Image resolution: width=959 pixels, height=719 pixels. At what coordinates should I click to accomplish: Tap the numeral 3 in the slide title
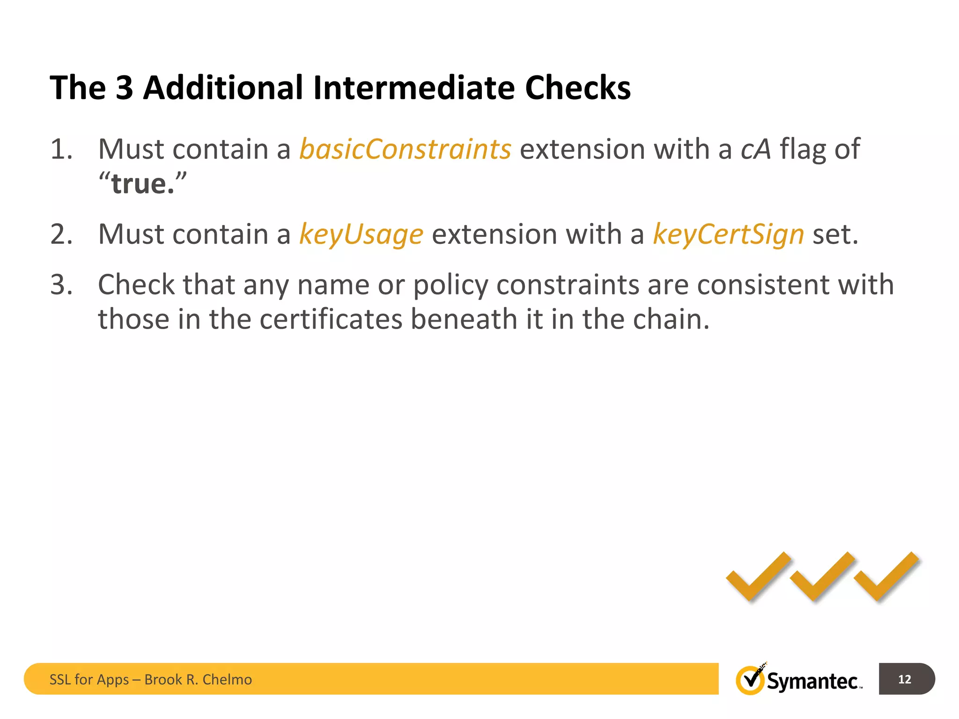tap(124, 88)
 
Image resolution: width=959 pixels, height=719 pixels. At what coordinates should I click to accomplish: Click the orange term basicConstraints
tap(405, 149)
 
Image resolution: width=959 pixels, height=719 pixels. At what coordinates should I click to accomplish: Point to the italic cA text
tap(755, 149)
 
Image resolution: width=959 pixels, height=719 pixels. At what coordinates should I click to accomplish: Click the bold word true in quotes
tap(139, 184)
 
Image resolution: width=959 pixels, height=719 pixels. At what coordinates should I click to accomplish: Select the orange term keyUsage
tap(361, 234)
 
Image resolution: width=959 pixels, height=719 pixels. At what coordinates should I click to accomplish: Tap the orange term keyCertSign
tap(728, 234)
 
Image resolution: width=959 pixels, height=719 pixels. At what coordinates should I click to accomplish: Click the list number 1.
tap(61, 150)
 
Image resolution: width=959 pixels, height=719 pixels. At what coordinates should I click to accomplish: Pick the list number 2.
tap(61, 234)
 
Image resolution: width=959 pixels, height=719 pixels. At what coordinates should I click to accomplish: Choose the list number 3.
tap(61, 285)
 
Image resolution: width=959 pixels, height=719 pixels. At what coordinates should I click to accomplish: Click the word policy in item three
tap(450, 286)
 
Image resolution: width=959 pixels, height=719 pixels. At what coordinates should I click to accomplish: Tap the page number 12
tap(905, 679)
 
